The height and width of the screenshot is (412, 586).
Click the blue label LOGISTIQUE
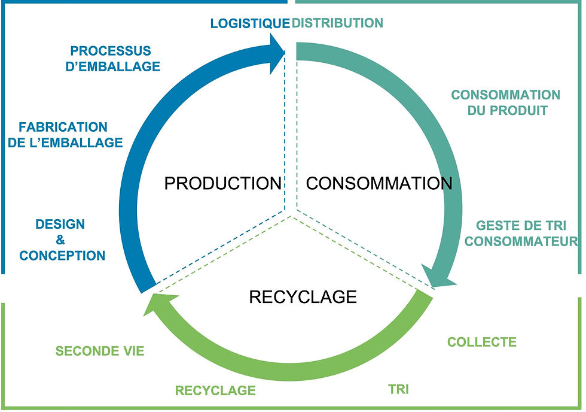coord(249,23)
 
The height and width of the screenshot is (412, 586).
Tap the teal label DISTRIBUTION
coord(337,23)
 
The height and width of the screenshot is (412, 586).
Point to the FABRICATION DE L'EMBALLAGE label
coord(71,135)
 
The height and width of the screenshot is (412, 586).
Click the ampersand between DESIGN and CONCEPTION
coord(60,240)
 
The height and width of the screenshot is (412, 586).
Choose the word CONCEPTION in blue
coord(62,256)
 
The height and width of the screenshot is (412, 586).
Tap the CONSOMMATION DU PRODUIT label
coord(505,102)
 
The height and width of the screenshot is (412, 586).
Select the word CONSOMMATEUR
coord(521,241)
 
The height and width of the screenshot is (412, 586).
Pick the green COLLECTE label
coord(481,342)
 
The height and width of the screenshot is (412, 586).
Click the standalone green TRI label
coord(398,389)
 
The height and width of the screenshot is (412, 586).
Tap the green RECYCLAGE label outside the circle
coord(215,390)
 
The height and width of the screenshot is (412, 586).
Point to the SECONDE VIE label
coord(100,351)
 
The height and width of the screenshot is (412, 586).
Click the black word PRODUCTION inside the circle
coord(222,183)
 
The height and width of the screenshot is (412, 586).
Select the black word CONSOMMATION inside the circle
coord(379,183)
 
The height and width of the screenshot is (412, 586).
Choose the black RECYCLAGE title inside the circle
coord(303,296)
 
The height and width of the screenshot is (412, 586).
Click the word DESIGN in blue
coord(60,225)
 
